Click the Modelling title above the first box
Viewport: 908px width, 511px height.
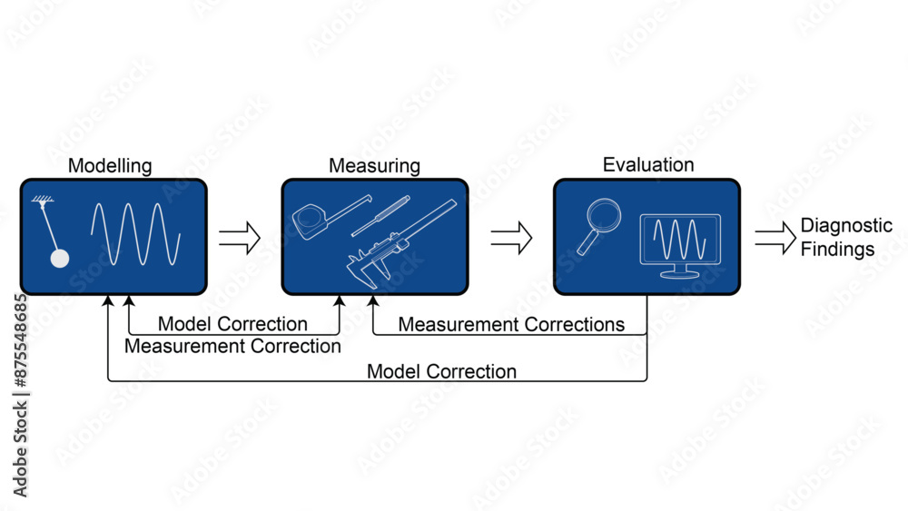tap(110, 166)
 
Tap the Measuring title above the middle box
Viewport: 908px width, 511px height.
tap(374, 166)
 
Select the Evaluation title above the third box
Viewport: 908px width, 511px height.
tap(647, 165)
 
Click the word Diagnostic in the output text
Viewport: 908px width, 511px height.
tap(846, 226)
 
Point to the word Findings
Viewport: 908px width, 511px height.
tap(837, 249)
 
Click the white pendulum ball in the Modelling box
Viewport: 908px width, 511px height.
tap(59, 259)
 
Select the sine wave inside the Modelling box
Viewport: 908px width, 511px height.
tap(135, 234)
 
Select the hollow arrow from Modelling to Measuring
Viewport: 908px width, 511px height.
tap(239, 238)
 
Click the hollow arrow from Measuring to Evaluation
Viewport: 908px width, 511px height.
tap(510, 238)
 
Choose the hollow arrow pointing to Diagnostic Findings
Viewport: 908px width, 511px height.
tap(775, 238)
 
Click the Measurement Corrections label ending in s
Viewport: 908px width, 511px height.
tap(511, 324)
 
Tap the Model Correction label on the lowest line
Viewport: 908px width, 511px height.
tap(441, 371)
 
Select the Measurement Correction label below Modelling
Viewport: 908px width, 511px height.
tap(232, 346)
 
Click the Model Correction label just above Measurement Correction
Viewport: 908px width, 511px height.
tap(232, 324)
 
